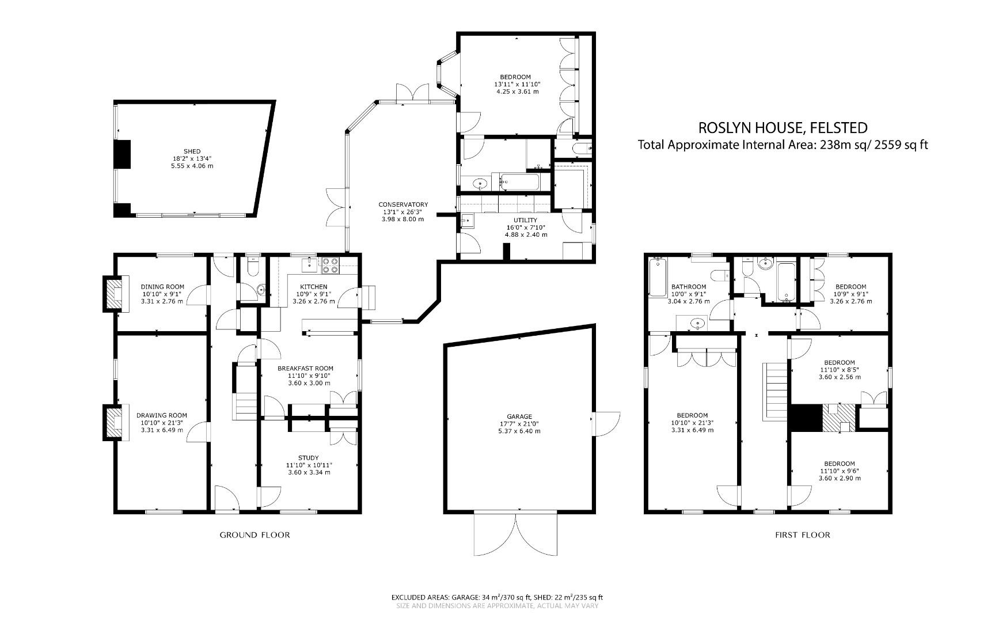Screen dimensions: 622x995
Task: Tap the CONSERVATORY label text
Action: coord(403,204)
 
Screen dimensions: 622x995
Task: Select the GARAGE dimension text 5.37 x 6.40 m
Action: coord(519,431)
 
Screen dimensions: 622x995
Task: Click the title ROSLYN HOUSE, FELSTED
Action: coord(783,127)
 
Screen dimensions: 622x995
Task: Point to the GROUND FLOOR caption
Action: coord(255,535)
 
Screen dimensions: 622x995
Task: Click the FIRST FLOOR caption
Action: coord(802,535)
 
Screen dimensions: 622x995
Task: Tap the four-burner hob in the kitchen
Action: coord(331,264)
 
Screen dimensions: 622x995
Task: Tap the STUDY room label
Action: coord(309,458)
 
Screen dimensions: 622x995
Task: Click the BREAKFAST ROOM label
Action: coord(305,369)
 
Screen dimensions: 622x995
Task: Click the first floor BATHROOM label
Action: coord(688,287)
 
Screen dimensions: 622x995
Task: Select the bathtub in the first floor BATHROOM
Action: coord(656,278)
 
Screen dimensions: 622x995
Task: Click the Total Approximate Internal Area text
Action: coord(783,145)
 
